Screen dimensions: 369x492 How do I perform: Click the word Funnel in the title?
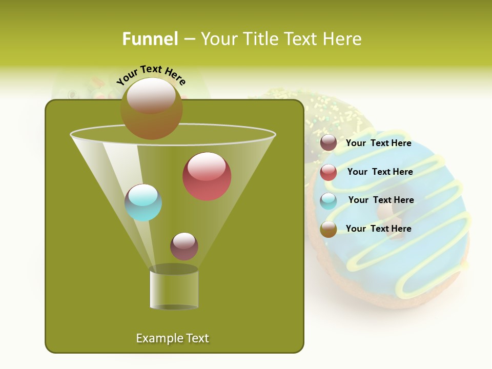coord(150,39)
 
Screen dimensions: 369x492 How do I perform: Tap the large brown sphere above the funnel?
coord(151,108)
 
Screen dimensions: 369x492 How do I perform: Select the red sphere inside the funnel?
coord(207,176)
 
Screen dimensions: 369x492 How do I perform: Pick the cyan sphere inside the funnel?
coord(143,202)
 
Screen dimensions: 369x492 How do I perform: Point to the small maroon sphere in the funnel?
coord(184,246)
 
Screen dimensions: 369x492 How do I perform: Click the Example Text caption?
coord(172,338)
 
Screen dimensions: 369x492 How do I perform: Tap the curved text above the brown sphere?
coord(151,75)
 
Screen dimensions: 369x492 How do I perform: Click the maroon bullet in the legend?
coord(329,143)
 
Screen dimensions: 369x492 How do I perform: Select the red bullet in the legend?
coord(329,172)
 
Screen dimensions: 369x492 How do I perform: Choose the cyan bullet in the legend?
coord(329,201)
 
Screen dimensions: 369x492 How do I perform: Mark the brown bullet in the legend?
coord(329,229)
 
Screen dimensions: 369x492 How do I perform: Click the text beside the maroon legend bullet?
coord(378,143)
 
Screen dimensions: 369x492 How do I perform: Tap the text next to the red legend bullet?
coord(380,172)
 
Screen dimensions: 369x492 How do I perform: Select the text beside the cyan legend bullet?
coord(381,200)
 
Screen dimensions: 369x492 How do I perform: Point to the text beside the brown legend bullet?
coord(378,229)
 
